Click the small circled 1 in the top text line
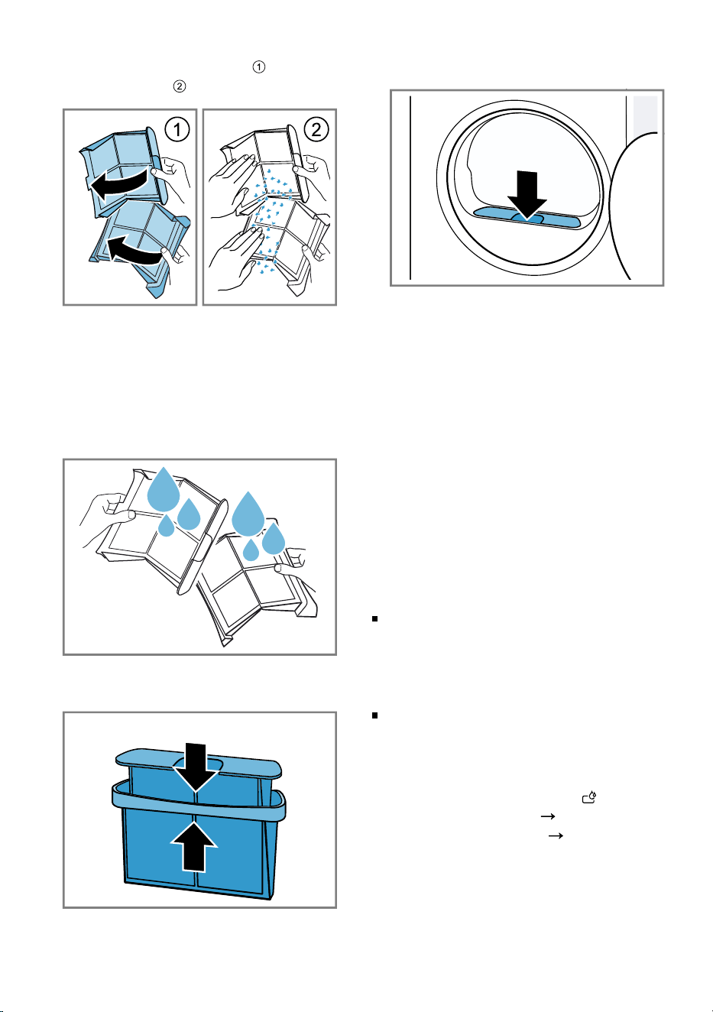click(259, 66)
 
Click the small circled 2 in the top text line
click(180, 86)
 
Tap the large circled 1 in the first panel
click(177, 130)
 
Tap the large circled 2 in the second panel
click(316, 130)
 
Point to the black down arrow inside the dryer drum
click(527, 195)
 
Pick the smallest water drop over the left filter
click(167, 525)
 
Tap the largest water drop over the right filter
click(248, 514)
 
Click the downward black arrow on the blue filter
click(196, 768)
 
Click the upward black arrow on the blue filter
click(195, 845)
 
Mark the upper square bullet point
click(374, 618)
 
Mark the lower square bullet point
click(374, 715)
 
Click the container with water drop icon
click(589, 797)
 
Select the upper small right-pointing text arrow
click(548, 816)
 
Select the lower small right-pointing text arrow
click(556, 835)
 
